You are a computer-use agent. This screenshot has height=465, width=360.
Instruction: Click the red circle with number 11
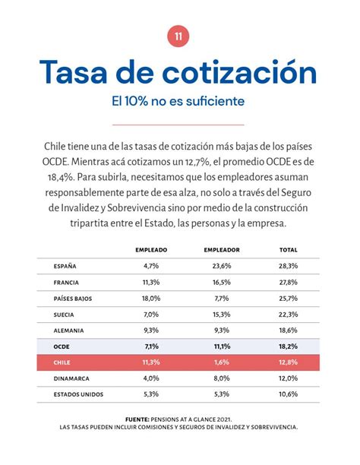(x=178, y=36)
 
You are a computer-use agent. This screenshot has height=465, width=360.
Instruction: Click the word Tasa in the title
(x=77, y=72)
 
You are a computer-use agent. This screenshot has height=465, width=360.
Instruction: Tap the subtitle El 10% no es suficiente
(x=178, y=101)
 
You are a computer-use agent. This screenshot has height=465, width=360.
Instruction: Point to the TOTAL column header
(x=289, y=249)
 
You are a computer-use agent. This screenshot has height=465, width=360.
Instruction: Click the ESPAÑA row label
(x=65, y=266)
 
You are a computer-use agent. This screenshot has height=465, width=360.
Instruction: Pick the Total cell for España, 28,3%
(x=289, y=266)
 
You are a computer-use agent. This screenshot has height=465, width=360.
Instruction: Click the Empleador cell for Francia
(x=222, y=282)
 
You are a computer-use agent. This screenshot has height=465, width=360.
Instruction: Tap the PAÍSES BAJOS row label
(x=73, y=299)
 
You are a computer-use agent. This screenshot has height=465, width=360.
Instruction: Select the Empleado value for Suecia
(x=151, y=315)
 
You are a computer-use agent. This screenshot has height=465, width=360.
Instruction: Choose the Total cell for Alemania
(x=289, y=331)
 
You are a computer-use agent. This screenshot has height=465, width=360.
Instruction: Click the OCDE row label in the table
(x=62, y=346)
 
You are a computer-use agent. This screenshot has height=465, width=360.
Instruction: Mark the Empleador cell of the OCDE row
(x=222, y=346)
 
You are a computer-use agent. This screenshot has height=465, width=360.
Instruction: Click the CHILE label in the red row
(x=62, y=362)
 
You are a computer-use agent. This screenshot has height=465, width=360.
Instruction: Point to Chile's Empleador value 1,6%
(x=222, y=362)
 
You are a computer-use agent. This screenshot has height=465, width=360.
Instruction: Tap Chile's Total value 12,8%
(x=289, y=362)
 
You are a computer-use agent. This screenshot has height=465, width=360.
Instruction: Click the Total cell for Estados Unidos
(x=289, y=394)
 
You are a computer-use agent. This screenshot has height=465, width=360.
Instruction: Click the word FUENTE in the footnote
(x=139, y=419)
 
